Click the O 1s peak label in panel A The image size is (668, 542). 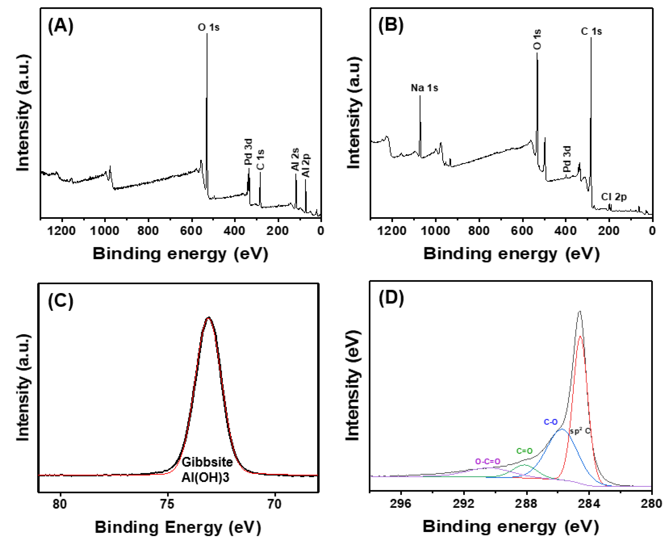point(209,28)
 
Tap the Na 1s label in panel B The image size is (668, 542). point(424,88)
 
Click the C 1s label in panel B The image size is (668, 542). point(591,32)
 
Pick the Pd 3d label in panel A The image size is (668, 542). point(248,152)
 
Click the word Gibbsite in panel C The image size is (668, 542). point(207,462)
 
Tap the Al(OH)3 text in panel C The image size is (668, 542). point(205,478)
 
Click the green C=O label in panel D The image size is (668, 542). point(525,451)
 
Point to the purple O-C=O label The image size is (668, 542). point(488,462)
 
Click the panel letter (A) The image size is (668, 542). point(60,26)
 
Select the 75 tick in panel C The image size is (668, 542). point(168,504)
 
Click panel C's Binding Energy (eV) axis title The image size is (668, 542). point(178,527)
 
